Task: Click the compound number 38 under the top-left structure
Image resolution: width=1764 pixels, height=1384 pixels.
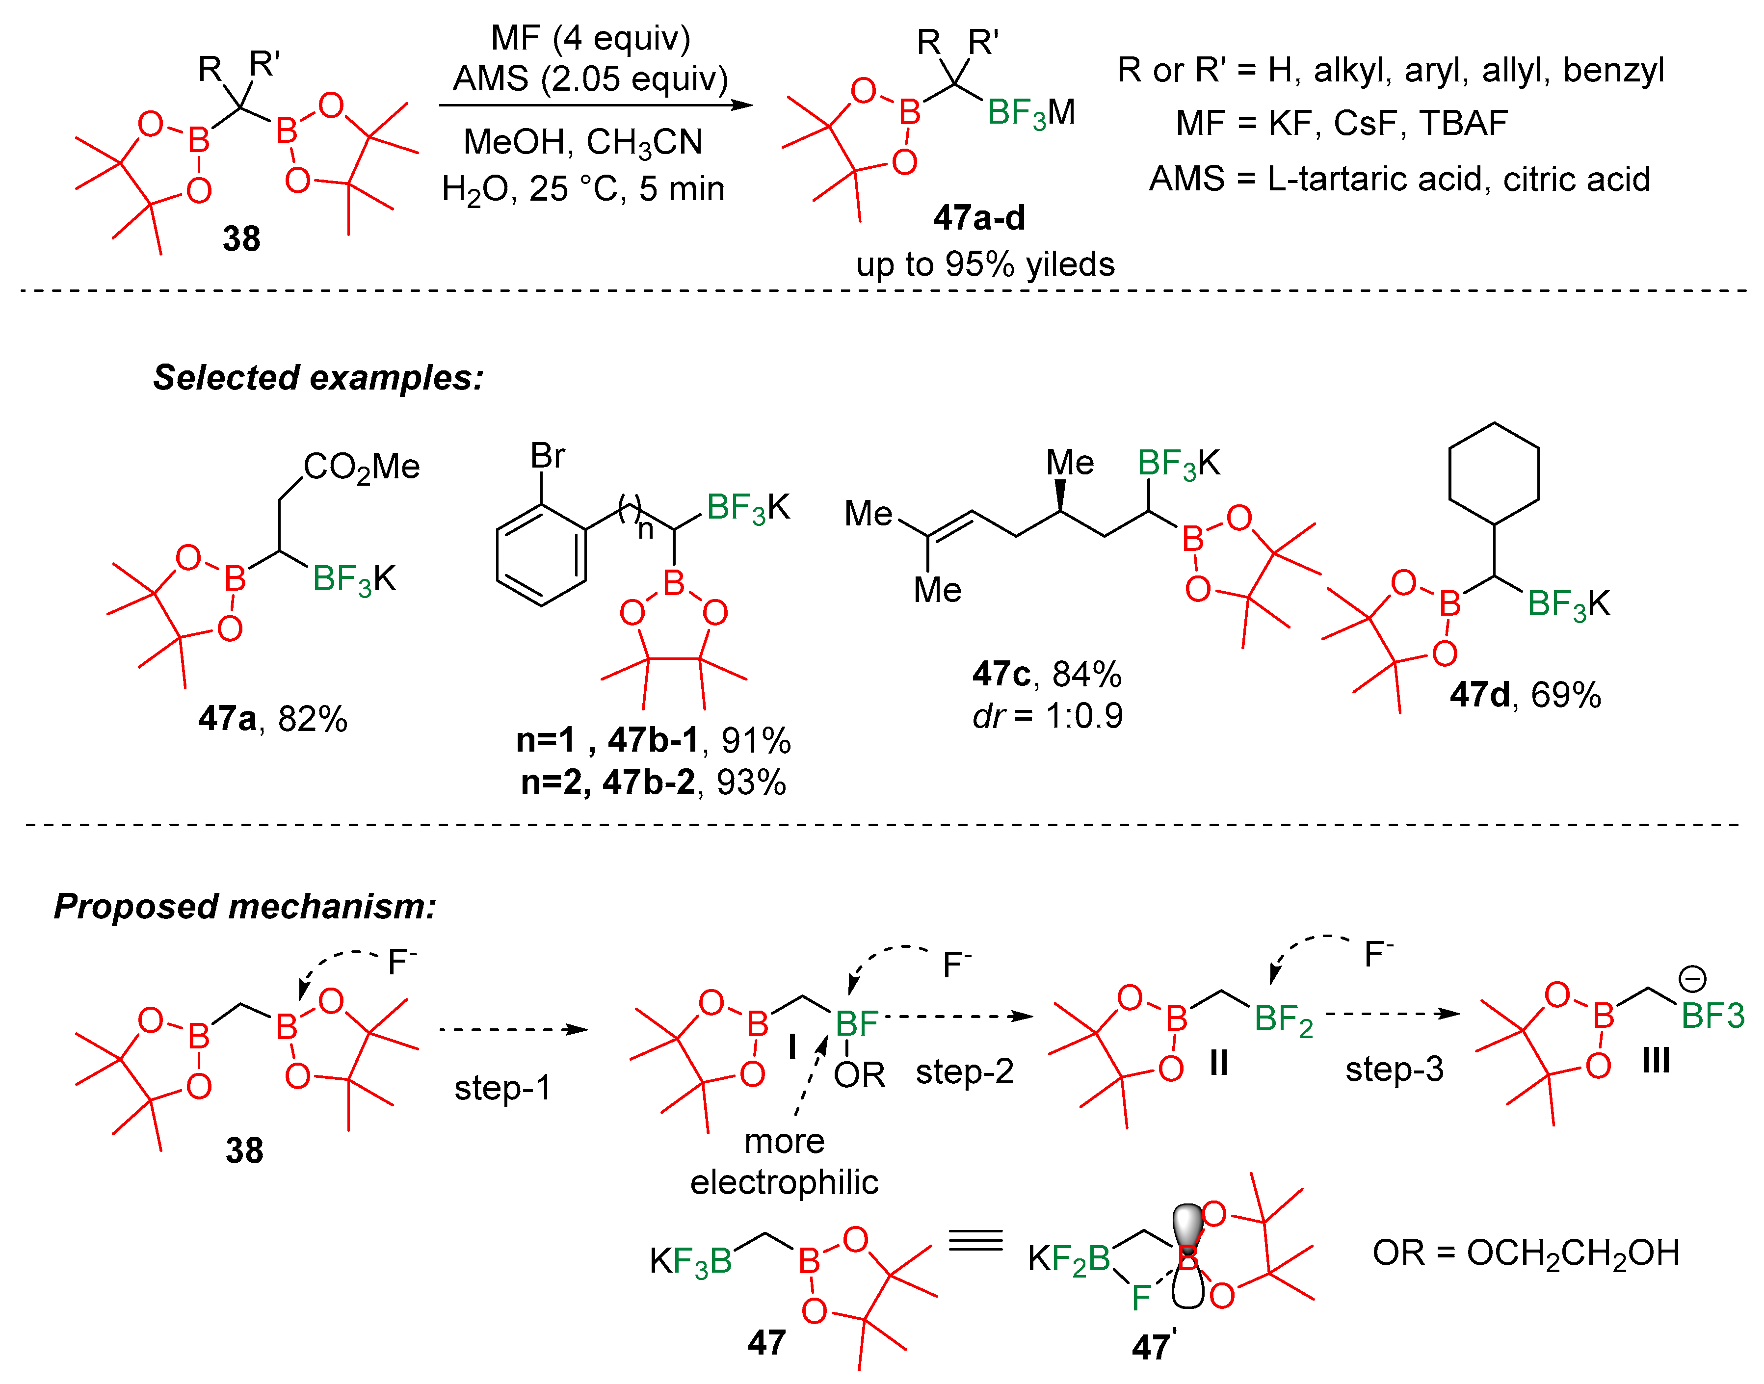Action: pyautogui.click(x=241, y=239)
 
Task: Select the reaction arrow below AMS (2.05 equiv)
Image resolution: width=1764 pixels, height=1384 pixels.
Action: pyautogui.click(x=596, y=104)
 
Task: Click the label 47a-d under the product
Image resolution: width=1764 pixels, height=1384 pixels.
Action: pyautogui.click(x=979, y=218)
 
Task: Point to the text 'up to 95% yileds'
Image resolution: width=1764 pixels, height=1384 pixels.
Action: pyautogui.click(x=985, y=264)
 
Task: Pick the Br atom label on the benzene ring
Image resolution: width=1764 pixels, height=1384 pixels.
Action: pyautogui.click(x=547, y=456)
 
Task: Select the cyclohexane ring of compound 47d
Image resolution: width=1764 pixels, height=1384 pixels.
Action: pyautogui.click(x=1493, y=473)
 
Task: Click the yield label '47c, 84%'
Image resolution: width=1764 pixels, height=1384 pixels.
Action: pyautogui.click(x=1047, y=674)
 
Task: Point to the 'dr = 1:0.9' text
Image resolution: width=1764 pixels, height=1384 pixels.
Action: pyautogui.click(x=1047, y=715)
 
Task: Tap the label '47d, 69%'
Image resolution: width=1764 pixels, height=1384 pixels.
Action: pyautogui.click(x=1525, y=695)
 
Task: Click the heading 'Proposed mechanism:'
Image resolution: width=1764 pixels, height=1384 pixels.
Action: pyautogui.click(x=245, y=906)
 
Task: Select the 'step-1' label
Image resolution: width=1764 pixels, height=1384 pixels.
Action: pyautogui.click(x=502, y=1087)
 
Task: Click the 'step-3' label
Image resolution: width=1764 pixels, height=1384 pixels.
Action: pyautogui.click(x=1394, y=1070)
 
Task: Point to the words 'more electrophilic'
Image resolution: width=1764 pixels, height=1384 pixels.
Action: pyautogui.click(x=785, y=1162)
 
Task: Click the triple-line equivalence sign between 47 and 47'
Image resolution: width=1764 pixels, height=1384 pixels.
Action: pyautogui.click(x=975, y=1241)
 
